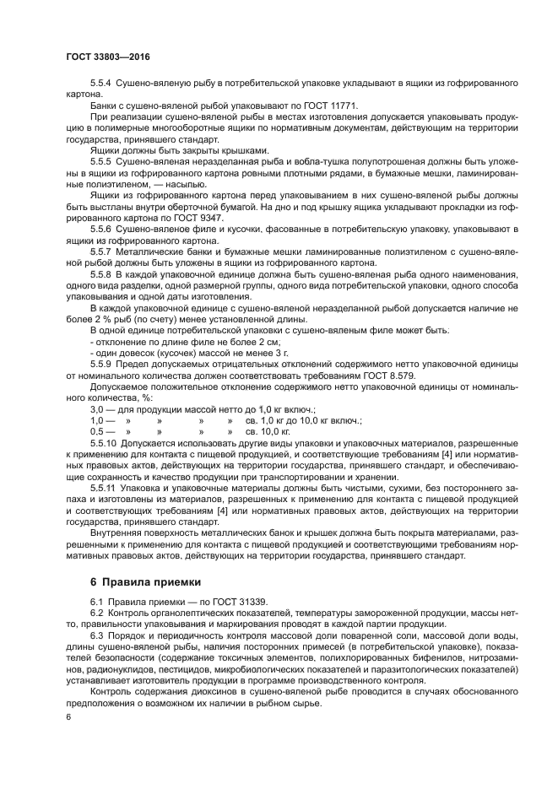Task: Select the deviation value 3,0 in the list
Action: click(97, 408)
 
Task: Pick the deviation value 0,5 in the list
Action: click(97, 430)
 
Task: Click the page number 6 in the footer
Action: click(68, 716)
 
